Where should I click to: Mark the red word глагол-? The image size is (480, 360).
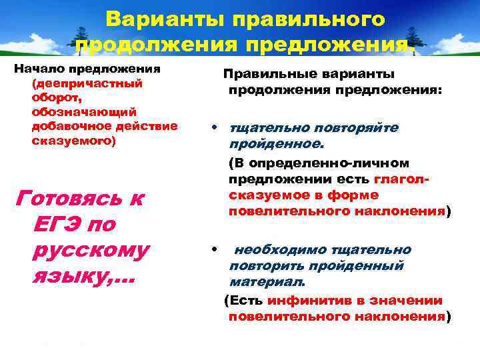point(401,179)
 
